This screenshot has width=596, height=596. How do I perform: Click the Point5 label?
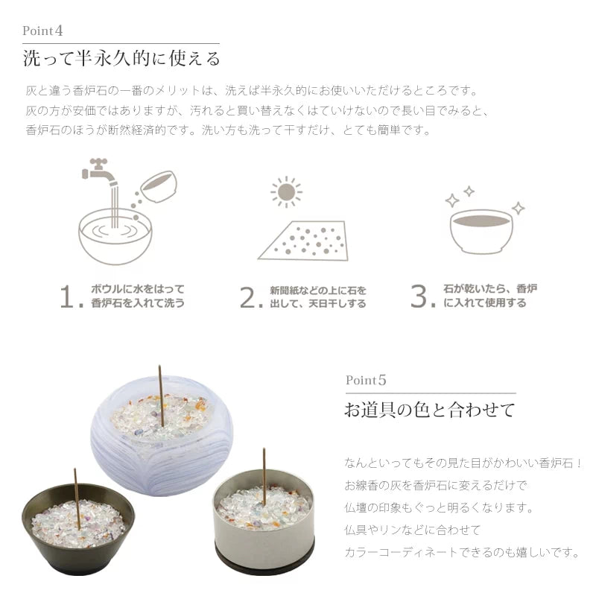click(x=366, y=380)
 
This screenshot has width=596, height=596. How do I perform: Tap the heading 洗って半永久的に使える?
click(x=121, y=58)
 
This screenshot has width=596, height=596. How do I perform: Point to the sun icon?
click(x=285, y=192)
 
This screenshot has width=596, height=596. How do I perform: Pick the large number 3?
click(x=422, y=297)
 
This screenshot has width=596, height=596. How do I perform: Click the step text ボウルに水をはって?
click(x=137, y=289)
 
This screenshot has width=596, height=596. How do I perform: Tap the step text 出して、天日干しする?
click(x=317, y=304)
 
